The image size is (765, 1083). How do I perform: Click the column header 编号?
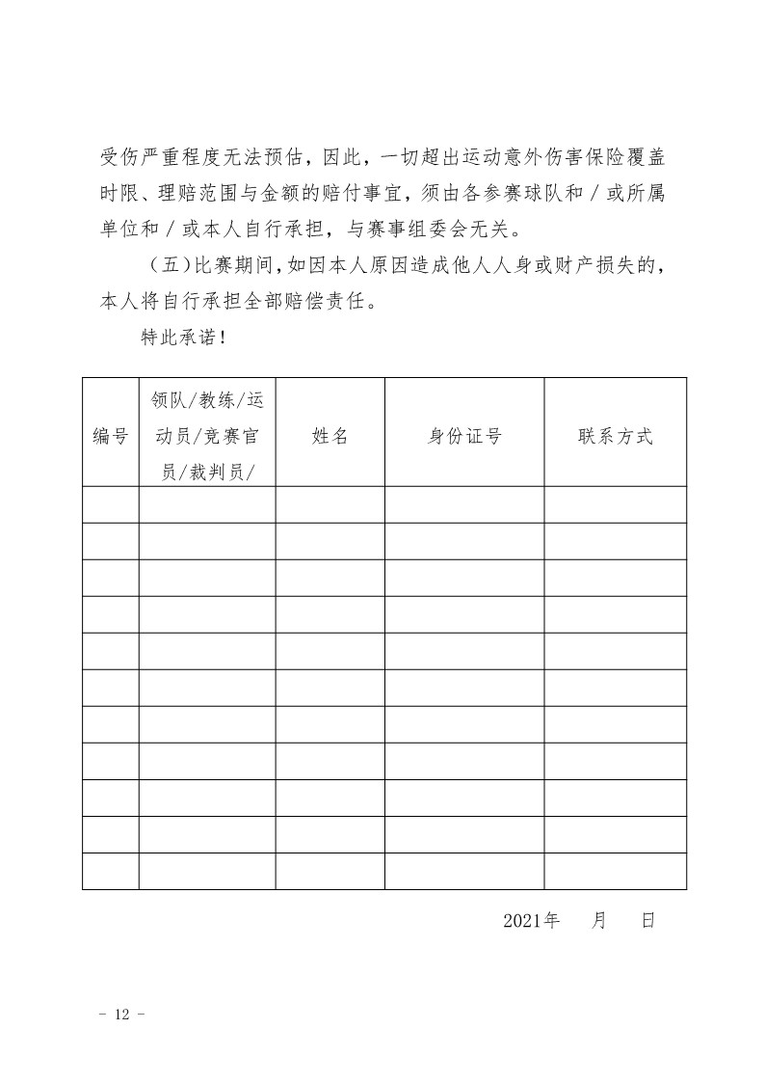pyautogui.click(x=110, y=436)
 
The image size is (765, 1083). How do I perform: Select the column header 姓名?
pyautogui.click(x=330, y=436)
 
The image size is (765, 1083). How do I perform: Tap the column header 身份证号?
pyautogui.click(x=464, y=436)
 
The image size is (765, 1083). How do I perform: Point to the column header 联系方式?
pyautogui.click(x=615, y=436)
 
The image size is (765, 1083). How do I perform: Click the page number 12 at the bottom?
pyautogui.click(x=121, y=1014)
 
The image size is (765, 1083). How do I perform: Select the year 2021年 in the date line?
pyautogui.click(x=531, y=921)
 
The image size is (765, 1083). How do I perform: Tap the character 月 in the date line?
pyautogui.click(x=599, y=921)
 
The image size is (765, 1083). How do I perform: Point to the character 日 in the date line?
pyautogui.click(x=647, y=921)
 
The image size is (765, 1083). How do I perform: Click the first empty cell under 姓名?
pyautogui.click(x=330, y=504)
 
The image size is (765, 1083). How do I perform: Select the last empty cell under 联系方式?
pyautogui.click(x=615, y=871)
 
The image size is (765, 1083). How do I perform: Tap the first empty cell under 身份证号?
pyautogui.click(x=464, y=504)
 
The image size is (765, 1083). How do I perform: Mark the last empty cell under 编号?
pyautogui.click(x=110, y=871)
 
